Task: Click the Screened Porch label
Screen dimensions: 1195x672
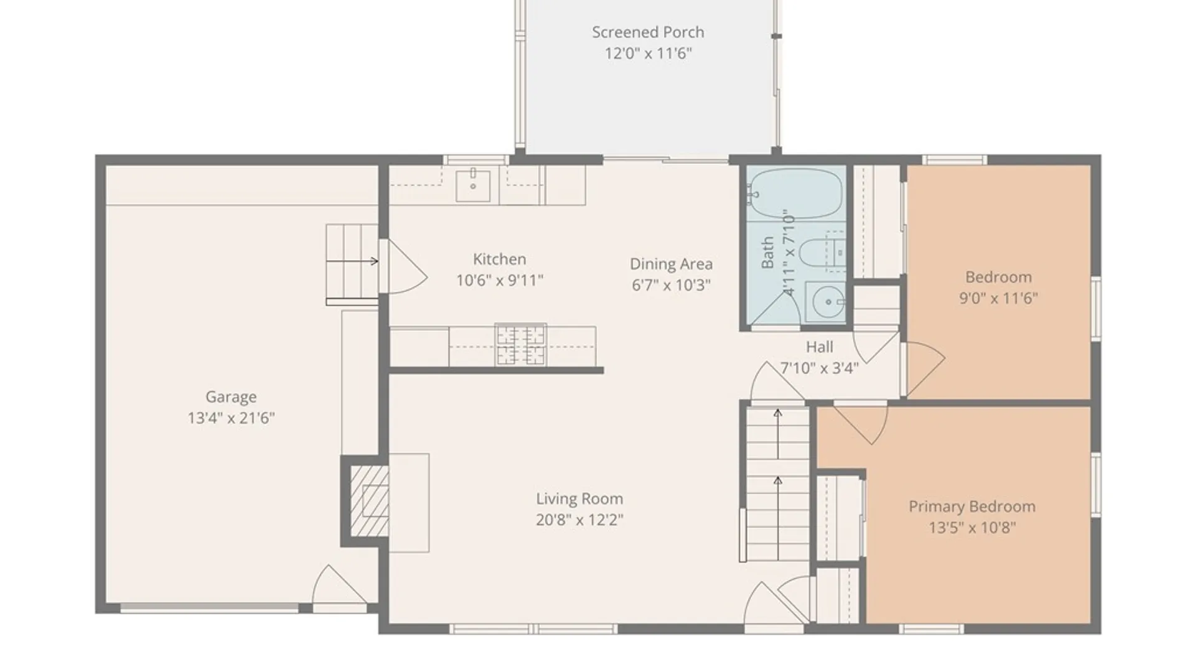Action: point(648,32)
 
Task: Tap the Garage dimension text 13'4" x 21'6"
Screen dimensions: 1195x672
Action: point(231,418)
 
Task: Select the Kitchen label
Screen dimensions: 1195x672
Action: point(499,259)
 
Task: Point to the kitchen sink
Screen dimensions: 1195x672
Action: point(473,185)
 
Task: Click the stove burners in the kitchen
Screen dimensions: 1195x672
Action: point(520,345)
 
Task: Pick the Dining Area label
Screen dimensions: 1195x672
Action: point(671,264)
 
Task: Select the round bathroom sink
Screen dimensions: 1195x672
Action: point(828,302)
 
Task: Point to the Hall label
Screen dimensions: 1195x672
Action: point(819,347)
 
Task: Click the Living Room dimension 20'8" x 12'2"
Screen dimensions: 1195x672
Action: point(579,520)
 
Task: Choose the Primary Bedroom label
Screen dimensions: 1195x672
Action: point(972,506)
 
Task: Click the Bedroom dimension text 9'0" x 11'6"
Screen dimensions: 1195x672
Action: point(998,298)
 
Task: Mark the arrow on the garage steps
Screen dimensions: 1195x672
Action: point(352,261)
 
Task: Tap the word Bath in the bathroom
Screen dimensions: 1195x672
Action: point(767,252)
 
